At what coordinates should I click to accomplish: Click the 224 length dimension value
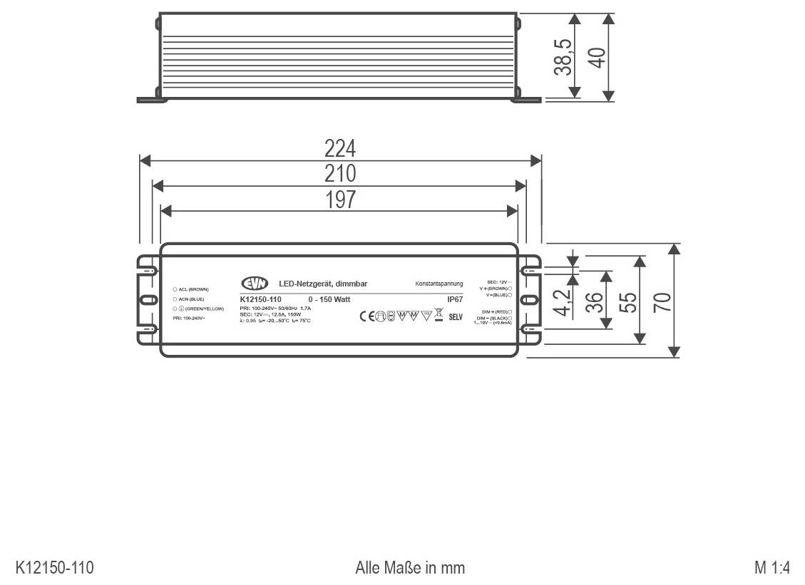point(340,148)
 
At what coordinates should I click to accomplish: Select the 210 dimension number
point(340,173)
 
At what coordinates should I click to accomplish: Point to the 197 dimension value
point(340,200)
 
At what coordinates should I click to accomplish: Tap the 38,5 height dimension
point(563,57)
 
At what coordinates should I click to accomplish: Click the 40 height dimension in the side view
point(596,57)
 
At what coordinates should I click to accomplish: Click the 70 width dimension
point(662,301)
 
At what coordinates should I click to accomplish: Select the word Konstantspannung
point(439,284)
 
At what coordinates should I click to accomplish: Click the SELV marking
point(456,316)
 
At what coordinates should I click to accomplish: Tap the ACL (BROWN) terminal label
point(193,289)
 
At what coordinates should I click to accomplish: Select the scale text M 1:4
point(772,568)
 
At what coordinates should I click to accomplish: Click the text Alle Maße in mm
point(410,568)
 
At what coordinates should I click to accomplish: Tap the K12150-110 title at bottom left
point(55,568)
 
